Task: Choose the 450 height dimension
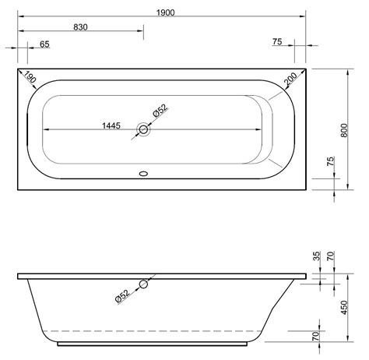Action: tap(346, 306)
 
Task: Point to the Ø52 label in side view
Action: tap(118, 297)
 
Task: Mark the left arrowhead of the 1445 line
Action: tap(44, 130)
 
